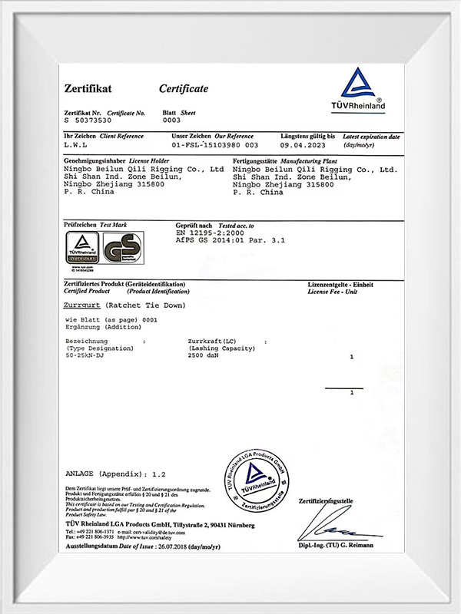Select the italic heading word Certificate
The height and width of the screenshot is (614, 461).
pyautogui.click(x=183, y=89)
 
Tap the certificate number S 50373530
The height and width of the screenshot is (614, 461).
pyautogui.click(x=88, y=120)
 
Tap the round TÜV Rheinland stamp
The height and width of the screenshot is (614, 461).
pyautogui.click(x=257, y=484)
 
